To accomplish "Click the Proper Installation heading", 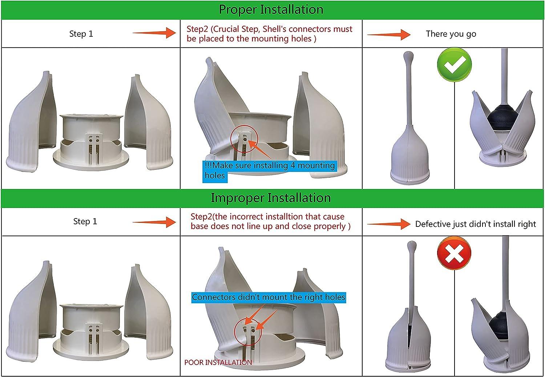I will pyautogui.click(x=271, y=9).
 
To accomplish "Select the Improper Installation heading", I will pyautogui.click(x=271, y=198).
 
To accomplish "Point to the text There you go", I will pyautogui.click(x=451, y=34).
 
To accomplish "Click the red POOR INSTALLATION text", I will pyautogui.click(x=218, y=362).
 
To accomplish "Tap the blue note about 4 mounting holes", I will pyautogui.click(x=270, y=170).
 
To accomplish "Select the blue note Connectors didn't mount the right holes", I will pyautogui.click(x=269, y=297).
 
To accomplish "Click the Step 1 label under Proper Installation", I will pyautogui.click(x=81, y=34).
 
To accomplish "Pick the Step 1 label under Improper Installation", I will pyautogui.click(x=85, y=221).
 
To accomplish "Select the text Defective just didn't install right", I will pyautogui.click(x=475, y=224).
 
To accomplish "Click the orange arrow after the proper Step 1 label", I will pyautogui.click(x=154, y=33).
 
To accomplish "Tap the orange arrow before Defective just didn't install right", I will pyautogui.click(x=388, y=224).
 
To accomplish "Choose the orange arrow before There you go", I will pyautogui.click(x=388, y=35).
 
